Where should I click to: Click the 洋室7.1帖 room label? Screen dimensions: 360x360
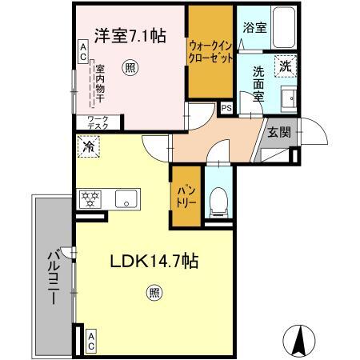[x=130, y=36]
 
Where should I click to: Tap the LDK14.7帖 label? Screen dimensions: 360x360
[x=154, y=261]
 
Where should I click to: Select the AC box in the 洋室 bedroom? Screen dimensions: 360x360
[x=83, y=52]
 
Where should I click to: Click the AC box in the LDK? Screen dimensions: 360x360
[x=91, y=342]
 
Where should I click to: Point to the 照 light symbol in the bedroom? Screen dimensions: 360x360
[x=130, y=68]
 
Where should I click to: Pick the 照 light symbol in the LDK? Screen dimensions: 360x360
[x=154, y=293]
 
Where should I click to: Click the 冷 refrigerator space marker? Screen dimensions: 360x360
[x=89, y=146]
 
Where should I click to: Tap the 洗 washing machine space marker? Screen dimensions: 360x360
[x=286, y=66]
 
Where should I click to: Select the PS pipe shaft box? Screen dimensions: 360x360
[x=226, y=108]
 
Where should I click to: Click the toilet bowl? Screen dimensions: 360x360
[x=218, y=202]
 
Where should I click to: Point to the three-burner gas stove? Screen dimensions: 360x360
[x=90, y=199]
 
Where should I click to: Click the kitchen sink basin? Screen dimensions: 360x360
[x=126, y=198]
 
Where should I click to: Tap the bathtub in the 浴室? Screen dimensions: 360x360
[x=284, y=27]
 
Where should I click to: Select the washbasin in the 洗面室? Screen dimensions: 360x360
[x=289, y=98]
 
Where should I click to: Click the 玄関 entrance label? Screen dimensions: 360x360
[x=279, y=132]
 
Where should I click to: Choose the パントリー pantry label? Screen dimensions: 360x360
[x=186, y=196]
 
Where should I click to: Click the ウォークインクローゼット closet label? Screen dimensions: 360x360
[x=210, y=53]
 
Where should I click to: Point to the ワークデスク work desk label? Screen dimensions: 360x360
[x=98, y=122]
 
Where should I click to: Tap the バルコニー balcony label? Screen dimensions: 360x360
[x=54, y=277]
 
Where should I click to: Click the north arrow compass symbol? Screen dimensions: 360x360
[x=299, y=341]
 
